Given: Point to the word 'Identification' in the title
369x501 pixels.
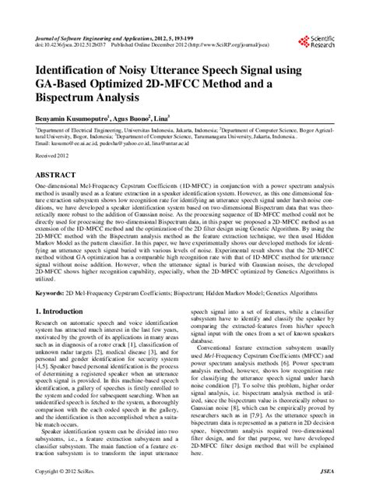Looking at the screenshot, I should tap(73, 69).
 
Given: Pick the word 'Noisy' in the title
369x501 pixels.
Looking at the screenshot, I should tap(143, 69).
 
